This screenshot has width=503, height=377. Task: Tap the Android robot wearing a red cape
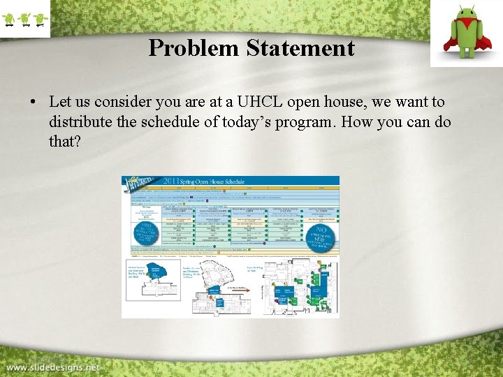coord(465,33)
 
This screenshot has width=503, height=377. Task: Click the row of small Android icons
coord(25,19)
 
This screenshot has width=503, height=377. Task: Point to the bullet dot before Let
coord(33,103)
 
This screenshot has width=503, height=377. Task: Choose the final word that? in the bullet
coord(65,142)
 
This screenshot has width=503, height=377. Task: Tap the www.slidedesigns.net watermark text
coord(53,367)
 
